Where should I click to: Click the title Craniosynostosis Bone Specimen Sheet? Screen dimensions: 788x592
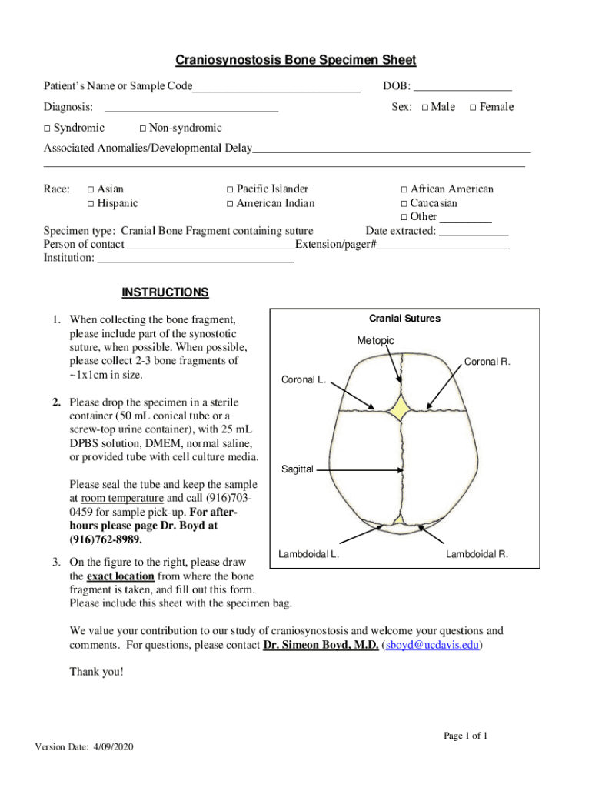tap(296, 60)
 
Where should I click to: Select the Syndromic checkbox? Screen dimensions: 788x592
tap(47, 128)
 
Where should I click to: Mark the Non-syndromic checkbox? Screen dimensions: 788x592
tap(145, 128)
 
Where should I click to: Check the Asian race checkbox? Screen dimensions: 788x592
tap(91, 189)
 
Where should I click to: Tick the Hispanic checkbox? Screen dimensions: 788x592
tap(91, 204)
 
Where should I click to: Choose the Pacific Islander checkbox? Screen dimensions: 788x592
tap(229, 189)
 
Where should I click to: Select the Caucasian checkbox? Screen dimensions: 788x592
tap(404, 204)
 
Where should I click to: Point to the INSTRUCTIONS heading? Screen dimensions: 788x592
tap(165, 292)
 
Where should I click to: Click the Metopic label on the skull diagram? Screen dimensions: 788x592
tap(375, 340)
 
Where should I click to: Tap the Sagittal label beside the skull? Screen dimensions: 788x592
tap(298, 469)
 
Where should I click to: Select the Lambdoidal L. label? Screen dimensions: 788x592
tap(309, 554)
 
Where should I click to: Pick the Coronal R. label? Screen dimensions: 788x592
tap(487, 362)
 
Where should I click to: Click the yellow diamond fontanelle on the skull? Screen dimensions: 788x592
tap(400, 408)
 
